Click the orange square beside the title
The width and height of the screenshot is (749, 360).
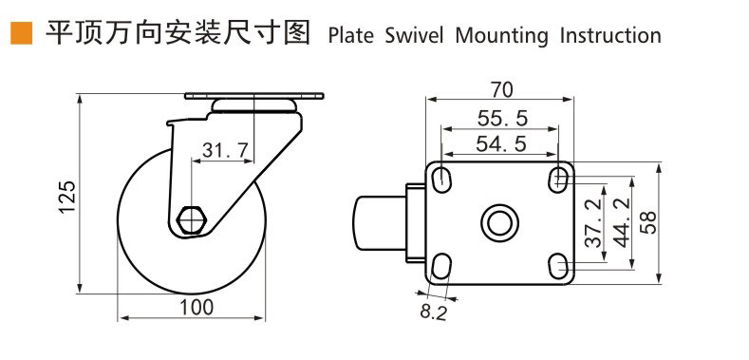[x=22, y=33]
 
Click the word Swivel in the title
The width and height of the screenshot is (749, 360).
[x=414, y=36]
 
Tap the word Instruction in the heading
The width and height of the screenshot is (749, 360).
[x=610, y=36]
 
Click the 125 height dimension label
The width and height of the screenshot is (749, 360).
[x=67, y=198]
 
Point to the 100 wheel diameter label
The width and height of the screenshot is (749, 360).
[x=197, y=307]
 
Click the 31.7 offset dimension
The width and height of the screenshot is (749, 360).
[x=225, y=151]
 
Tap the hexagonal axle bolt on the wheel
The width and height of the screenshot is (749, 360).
[x=191, y=220]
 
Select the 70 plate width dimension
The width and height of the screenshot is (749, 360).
[x=500, y=90]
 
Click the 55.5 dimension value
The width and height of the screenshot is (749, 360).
[x=502, y=118]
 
